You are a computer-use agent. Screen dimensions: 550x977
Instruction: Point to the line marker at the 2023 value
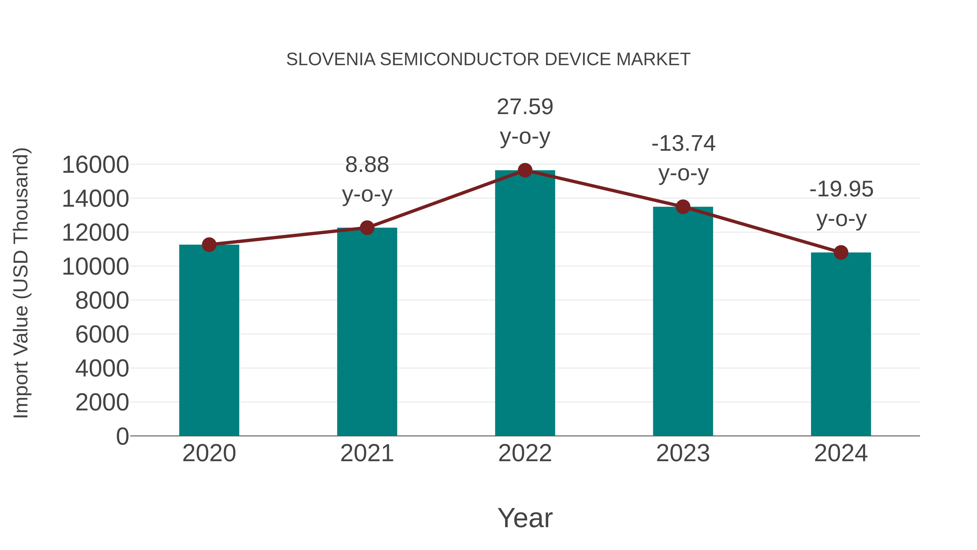[683, 207]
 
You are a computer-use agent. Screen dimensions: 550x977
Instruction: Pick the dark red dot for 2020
[209, 245]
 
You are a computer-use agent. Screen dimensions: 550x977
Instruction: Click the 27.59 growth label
[525, 107]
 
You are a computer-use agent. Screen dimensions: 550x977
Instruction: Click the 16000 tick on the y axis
[95, 165]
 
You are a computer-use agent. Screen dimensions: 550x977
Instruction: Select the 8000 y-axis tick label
[102, 301]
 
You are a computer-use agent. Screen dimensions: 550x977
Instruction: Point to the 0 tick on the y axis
[122, 436]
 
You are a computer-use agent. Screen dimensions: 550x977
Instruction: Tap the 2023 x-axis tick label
[683, 454]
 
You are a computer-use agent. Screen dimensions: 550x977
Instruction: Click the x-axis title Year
[525, 518]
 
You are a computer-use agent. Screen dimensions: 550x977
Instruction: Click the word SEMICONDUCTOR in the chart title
[459, 59]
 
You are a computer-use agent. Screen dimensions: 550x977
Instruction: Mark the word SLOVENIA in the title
[331, 59]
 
